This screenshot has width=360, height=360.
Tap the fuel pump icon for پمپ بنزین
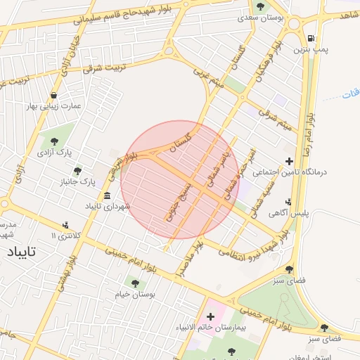point(311,38)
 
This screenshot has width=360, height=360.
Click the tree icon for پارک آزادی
point(55,141)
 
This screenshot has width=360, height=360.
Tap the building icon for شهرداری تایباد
point(107,195)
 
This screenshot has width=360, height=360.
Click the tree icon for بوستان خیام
point(135,283)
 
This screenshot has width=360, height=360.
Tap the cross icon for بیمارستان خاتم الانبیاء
point(210,317)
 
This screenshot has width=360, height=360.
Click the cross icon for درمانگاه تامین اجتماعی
point(289,162)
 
